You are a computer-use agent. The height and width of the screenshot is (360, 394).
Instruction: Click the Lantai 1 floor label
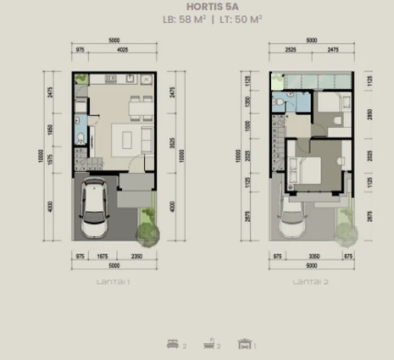coord(112,280)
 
